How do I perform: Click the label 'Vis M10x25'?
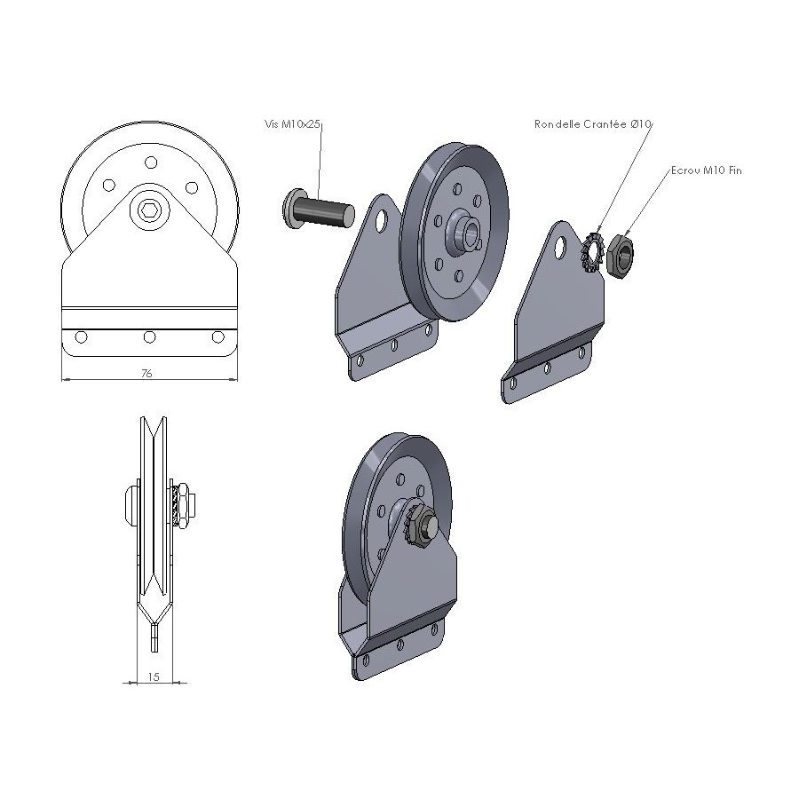coord(292,123)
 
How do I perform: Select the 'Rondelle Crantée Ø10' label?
coord(593,123)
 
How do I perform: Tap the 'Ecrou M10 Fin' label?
coord(707,170)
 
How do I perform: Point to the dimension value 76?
coord(146,373)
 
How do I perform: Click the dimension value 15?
coord(154,676)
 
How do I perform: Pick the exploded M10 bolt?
coord(318,210)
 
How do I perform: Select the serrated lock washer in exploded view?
coord(593,252)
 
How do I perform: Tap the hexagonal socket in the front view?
coord(149,210)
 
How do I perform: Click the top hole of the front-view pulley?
coord(151,162)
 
